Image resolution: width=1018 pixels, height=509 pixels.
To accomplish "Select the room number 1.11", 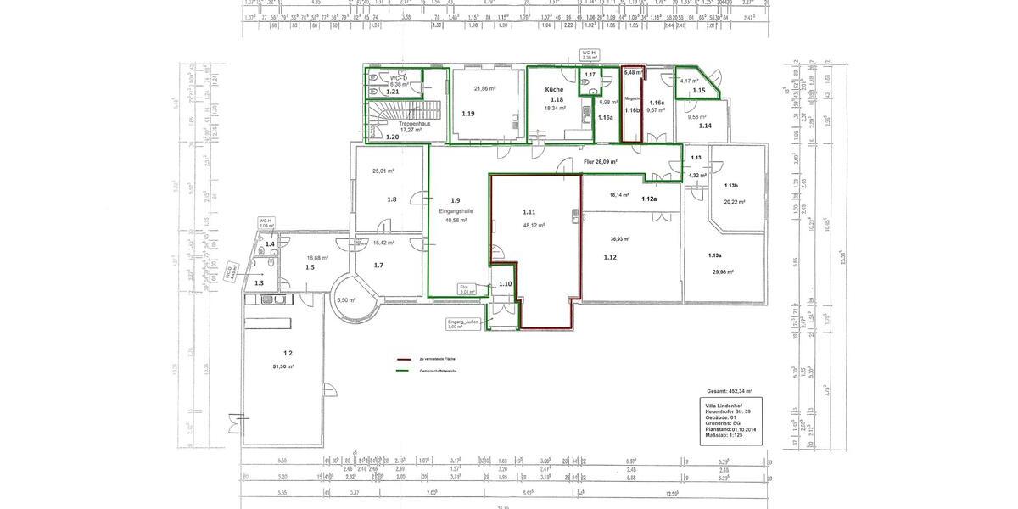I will click(x=529, y=211).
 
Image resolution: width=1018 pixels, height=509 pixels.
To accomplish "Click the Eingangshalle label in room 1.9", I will click(x=456, y=210).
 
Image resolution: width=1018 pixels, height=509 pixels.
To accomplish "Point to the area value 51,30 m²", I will click(x=283, y=366).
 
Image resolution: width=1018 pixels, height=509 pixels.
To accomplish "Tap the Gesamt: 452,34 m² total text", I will click(x=729, y=392).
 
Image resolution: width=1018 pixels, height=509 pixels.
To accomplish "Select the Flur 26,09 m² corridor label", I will click(x=600, y=161).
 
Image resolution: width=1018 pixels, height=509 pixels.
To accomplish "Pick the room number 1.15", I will click(x=698, y=90).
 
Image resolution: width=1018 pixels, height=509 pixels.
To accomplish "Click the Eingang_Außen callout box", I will click(x=463, y=324).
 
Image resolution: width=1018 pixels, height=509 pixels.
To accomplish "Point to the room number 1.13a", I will click(x=714, y=255).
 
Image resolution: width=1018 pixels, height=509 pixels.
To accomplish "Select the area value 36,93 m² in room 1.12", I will click(x=609, y=239).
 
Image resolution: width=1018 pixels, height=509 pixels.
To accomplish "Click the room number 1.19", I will click(x=468, y=113).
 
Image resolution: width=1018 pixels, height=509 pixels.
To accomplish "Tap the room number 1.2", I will click(x=288, y=352).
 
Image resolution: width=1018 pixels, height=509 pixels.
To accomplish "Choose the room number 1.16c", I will click(x=657, y=102).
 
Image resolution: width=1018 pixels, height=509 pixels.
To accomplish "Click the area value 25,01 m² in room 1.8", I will click(x=383, y=171).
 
